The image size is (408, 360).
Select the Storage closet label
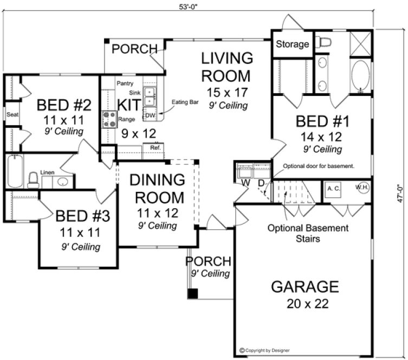[292, 44]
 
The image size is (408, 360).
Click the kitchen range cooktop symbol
[111, 119]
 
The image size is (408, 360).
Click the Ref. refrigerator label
[154, 147]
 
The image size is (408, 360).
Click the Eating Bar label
[182, 102]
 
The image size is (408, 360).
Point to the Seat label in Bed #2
[12, 115]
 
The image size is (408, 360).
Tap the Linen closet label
[48, 172]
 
